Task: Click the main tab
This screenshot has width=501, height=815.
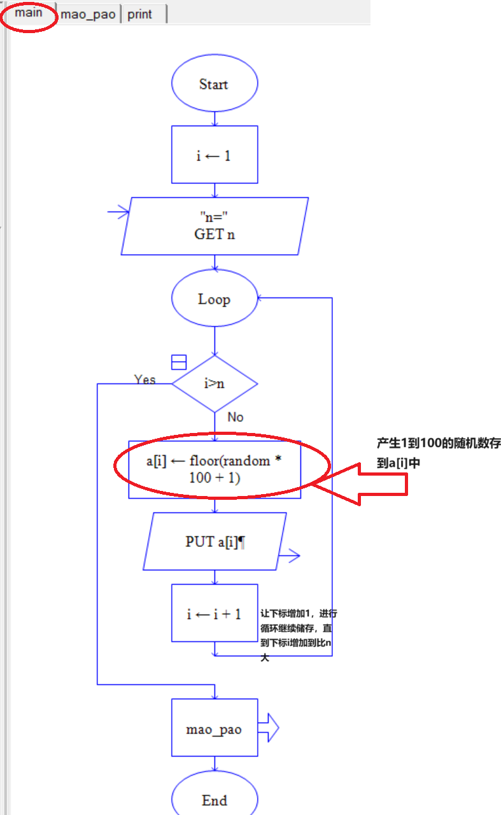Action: [x=29, y=13]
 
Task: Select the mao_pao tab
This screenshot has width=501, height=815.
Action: [x=88, y=15]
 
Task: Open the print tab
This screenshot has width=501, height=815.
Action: [x=140, y=15]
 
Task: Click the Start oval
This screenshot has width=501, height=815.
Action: [x=214, y=84]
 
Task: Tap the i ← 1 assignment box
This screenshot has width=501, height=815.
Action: [x=214, y=155]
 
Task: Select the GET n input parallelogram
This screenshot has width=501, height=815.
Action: [x=214, y=226]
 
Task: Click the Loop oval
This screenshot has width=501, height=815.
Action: [x=214, y=299]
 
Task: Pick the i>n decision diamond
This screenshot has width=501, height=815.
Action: [x=215, y=384]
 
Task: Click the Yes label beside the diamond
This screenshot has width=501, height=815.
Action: [x=145, y=379]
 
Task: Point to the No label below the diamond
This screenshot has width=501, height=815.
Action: [x=236, y=417]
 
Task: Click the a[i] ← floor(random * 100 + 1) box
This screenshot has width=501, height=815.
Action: [x=215, y=469]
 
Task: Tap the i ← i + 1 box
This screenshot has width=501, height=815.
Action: [x=215, y=614]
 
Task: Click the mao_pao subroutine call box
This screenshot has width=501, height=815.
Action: [x=215, y=728]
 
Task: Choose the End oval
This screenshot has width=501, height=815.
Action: [x=215, y=800]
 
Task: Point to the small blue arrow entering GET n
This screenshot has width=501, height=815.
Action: [x=119, y=213]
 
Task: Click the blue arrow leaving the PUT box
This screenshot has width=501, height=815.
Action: [x=289, y=555]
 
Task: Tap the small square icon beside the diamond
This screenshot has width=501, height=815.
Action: [x=179, y=362]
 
